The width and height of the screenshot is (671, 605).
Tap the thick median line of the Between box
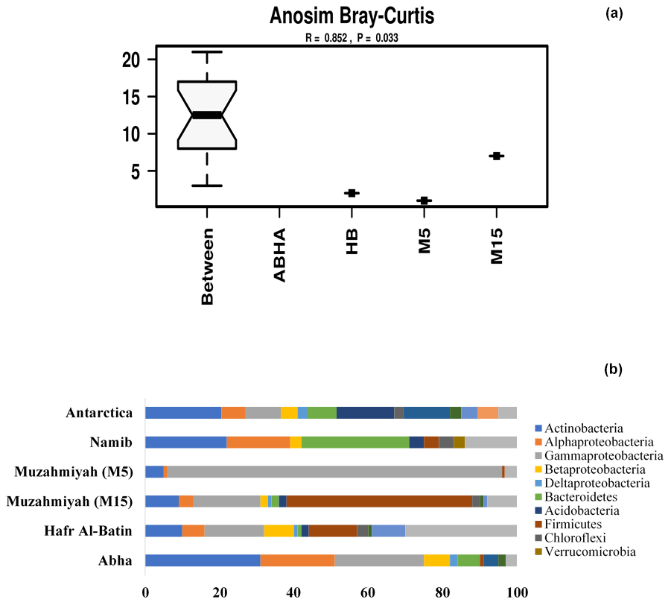[x=207, y=115]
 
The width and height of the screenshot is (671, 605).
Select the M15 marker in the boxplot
[x=497, y=156]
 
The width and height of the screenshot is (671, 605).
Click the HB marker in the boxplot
[x=352, y=193]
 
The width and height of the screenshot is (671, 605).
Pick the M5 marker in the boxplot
[x=424, y=200]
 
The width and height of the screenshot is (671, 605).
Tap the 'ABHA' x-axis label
[x=279, y=255]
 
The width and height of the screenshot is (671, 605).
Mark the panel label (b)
[x=615, y=368]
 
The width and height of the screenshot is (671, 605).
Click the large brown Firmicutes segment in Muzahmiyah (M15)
[x=379, y=501]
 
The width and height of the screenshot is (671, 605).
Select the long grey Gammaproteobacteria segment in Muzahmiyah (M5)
[x=335, y=472]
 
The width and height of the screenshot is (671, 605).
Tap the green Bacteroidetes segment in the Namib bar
[x=355, y=442]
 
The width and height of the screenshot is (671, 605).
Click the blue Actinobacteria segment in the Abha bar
[x=203, y=560]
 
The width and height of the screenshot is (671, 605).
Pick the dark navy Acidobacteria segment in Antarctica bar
[x=365, y=413]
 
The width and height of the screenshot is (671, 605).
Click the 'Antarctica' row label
[x=99, y=413]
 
